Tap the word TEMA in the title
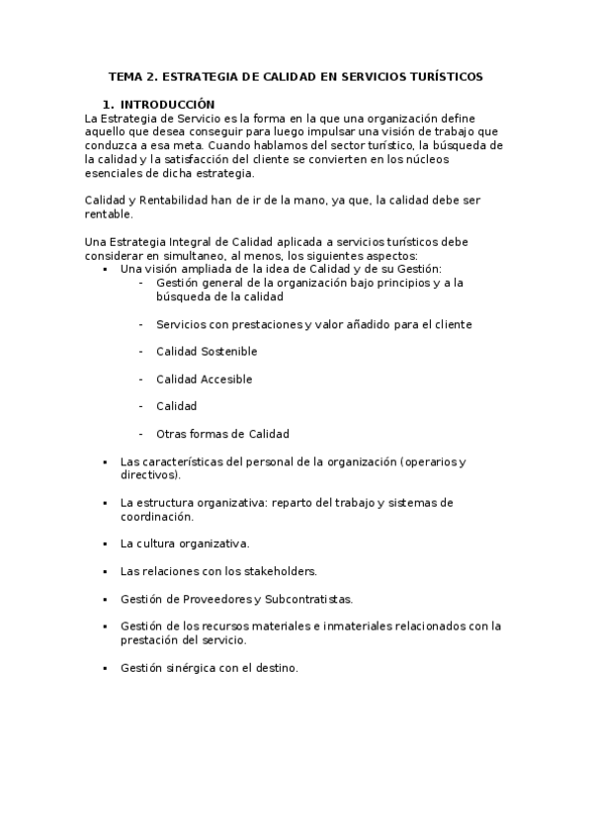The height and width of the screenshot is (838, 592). (126, 76)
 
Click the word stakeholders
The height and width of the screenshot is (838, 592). (280, 570)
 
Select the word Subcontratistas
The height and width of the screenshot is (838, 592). (307, 598)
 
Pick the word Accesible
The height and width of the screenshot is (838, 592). (225, 378)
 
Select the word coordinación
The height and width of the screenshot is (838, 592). (156, 516)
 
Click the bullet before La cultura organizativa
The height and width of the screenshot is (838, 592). (105, 544)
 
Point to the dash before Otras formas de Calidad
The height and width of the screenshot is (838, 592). (142, 434)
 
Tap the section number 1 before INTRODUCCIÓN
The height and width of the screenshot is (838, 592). (107, 104)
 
